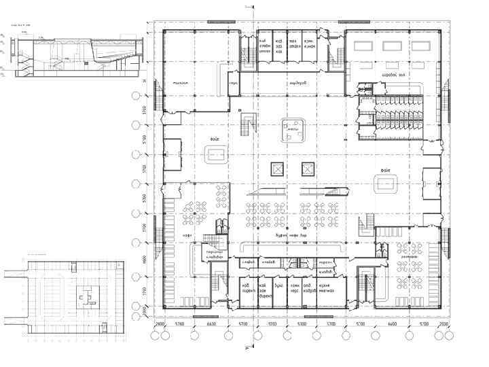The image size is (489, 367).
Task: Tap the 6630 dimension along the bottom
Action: pos(212,324)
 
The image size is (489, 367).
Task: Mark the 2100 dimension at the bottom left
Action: pos(158,324)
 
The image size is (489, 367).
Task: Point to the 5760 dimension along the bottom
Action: pos(180,324)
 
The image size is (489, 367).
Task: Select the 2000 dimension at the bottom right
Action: pos(445,324)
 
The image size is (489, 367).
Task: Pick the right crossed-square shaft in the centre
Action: pos(308,168)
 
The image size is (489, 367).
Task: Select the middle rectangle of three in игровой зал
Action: pos(393,46)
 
